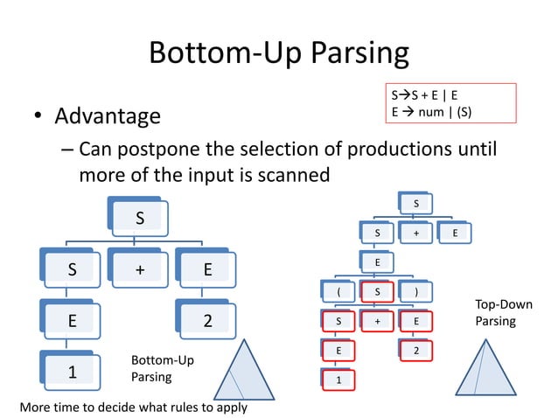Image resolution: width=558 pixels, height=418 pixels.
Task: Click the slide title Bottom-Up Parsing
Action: tap(278, 53)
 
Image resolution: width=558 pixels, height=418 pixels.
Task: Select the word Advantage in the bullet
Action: tap(108, 115)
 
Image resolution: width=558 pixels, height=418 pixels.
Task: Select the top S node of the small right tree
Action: tap(415, 205)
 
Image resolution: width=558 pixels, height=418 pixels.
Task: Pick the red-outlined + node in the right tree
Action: tap(378, 322)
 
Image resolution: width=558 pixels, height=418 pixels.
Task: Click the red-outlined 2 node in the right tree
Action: tap(417, 351)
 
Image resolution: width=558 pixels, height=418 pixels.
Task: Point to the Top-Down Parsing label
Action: tap(503, 313)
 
